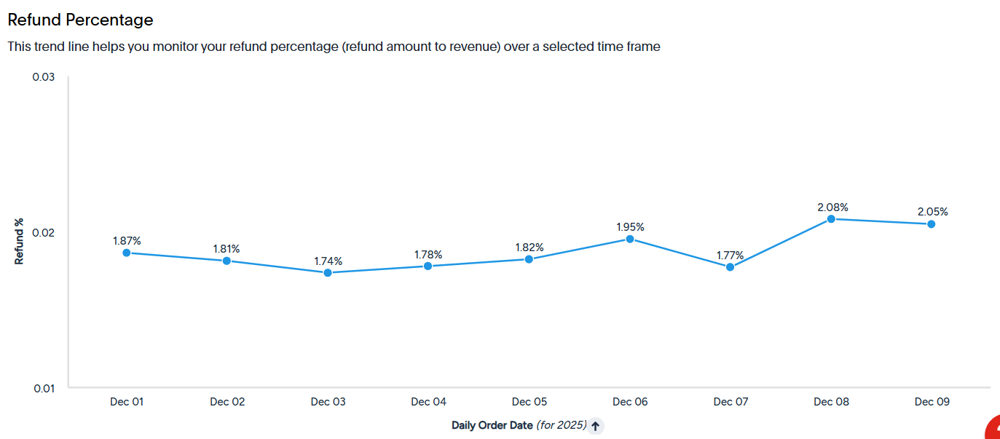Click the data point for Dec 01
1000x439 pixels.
pos(127,253)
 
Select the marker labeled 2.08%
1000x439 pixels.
pos(831,219)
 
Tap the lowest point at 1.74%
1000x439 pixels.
pos(328,272)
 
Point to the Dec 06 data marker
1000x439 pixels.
pos(630,239)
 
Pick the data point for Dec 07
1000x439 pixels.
pos(731,267)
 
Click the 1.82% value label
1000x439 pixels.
pos(529,247)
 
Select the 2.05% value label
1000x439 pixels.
pos(932,211)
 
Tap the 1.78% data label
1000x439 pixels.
pos(428,254)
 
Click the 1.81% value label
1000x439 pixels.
pos(227,248)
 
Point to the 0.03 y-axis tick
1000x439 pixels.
pos(43,76)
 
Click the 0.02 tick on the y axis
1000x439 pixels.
pos(43,232)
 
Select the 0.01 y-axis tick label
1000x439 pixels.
pos(44,389)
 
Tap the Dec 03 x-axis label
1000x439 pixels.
pos(328,402)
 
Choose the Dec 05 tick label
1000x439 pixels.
pos(529,402)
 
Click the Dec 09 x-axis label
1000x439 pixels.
pos(932,402)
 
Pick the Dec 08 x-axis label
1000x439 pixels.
pos(831,402)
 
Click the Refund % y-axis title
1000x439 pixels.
pos(19,242)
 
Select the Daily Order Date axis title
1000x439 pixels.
pos(492,425)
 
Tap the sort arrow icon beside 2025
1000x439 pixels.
pos(596,426)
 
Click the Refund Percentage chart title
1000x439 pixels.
pos(80,20)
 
